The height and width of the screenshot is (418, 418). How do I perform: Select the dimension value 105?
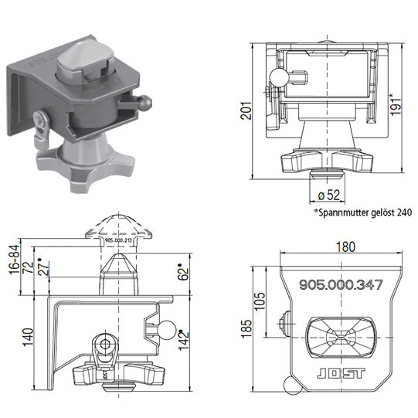[260, 299]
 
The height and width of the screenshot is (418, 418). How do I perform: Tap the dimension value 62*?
[182, 272]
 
